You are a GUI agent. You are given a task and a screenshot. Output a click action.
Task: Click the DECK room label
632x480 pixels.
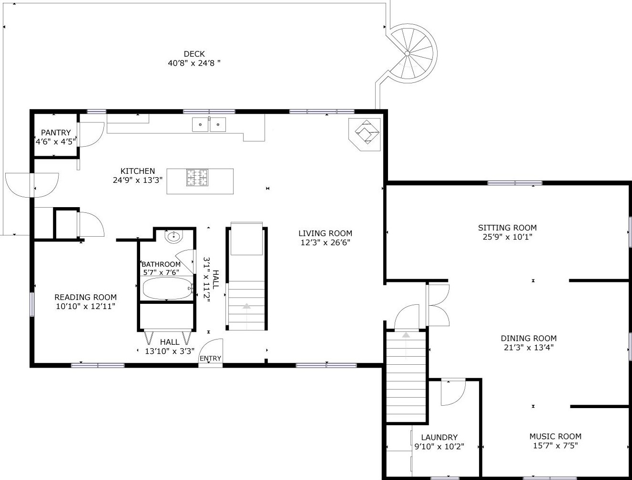point(194,54)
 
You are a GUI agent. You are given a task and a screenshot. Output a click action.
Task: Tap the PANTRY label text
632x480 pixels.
point(56,132)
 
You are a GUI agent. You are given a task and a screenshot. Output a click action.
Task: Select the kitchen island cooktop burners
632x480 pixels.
point(197,178)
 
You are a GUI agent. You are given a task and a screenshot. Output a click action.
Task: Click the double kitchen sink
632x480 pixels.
point(209,124)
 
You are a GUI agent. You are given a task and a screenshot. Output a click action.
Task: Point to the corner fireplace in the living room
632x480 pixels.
point(365,134)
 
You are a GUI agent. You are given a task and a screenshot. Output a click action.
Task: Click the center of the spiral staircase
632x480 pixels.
point(407,53)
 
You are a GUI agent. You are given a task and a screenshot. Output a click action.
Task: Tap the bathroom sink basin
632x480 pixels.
point(174,237)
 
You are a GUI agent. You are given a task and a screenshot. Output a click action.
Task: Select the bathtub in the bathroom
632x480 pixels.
point(168,288)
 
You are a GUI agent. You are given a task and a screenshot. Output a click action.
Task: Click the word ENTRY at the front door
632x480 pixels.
point(211,359)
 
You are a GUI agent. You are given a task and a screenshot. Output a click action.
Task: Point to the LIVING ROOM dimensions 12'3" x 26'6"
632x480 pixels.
point(326,242)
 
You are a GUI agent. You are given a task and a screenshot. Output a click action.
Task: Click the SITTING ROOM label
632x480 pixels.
point(507,228)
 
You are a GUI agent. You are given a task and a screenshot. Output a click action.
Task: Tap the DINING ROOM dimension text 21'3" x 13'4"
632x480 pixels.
point(529,348)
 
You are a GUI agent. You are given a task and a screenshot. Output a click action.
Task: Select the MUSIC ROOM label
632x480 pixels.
point(555,437)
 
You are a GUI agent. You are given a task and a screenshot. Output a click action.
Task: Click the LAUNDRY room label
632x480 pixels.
point(439,438)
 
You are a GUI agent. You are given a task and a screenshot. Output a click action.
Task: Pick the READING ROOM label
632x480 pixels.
point(85,297)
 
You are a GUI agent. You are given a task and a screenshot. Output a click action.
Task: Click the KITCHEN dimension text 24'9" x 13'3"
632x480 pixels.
point(138,180)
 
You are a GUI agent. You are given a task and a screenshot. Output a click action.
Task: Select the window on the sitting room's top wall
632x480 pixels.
point(515,183)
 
